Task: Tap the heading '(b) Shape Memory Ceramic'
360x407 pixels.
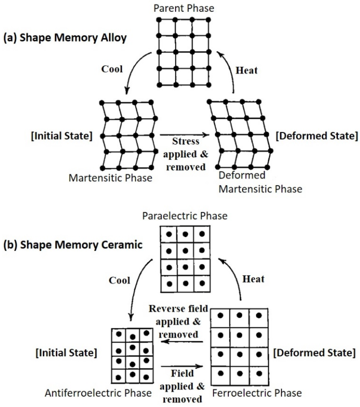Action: pos(72,245)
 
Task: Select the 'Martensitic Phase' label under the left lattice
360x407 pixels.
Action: pos(110,178)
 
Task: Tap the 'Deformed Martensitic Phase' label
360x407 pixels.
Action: pos(260,182)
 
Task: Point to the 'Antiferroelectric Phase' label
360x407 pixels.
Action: pos(98,393)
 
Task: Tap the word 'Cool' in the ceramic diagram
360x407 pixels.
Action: pos(120,280)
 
